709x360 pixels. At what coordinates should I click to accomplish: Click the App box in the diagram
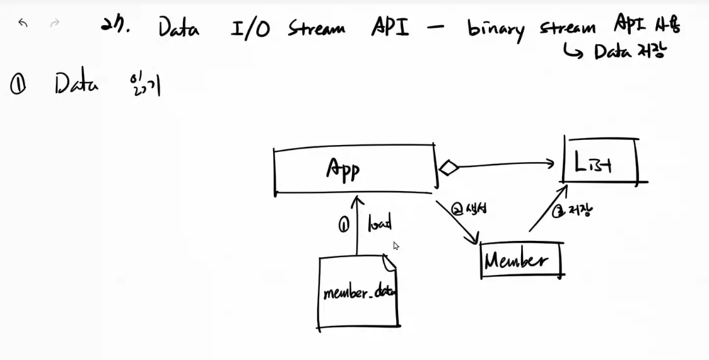pos(354,170)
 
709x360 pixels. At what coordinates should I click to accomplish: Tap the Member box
pos(521,260)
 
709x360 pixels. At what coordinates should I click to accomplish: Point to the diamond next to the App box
pos(448,168)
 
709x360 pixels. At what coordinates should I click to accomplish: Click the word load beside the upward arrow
pos(380,224)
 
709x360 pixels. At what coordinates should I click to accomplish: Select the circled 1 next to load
pos(344,225)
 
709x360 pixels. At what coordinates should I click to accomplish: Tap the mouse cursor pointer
pos(396,246)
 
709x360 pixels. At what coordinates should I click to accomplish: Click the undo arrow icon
pos(23,23)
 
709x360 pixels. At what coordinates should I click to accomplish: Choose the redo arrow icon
pos(55,23)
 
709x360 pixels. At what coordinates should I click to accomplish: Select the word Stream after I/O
pos(317,28)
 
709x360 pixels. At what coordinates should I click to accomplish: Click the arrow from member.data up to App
pos(358,227)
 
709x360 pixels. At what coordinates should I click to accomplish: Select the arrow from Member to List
pos(546,208)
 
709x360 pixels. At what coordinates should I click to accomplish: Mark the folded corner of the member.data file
pos(389,261)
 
